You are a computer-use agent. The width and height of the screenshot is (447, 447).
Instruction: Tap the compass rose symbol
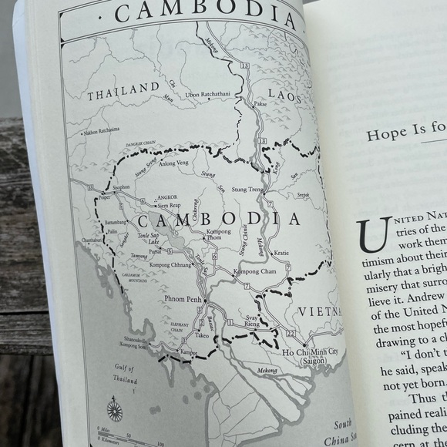click(115, 408)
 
